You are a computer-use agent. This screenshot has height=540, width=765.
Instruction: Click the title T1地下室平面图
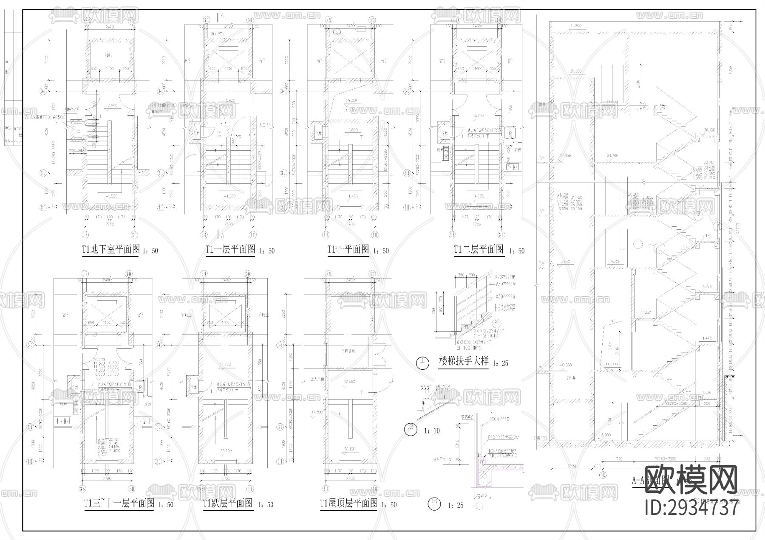tap(110, 250)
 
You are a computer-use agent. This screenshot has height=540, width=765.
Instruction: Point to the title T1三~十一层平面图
tap(119, 504)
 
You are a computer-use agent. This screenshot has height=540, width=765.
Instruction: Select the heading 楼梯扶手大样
tap(464, 363)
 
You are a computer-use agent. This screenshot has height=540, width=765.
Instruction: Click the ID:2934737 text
tap(691, 508)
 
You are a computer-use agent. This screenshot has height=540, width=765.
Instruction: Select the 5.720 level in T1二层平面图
tap(479, 115)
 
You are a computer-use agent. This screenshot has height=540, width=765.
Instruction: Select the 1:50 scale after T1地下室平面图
tap(149, 251)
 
